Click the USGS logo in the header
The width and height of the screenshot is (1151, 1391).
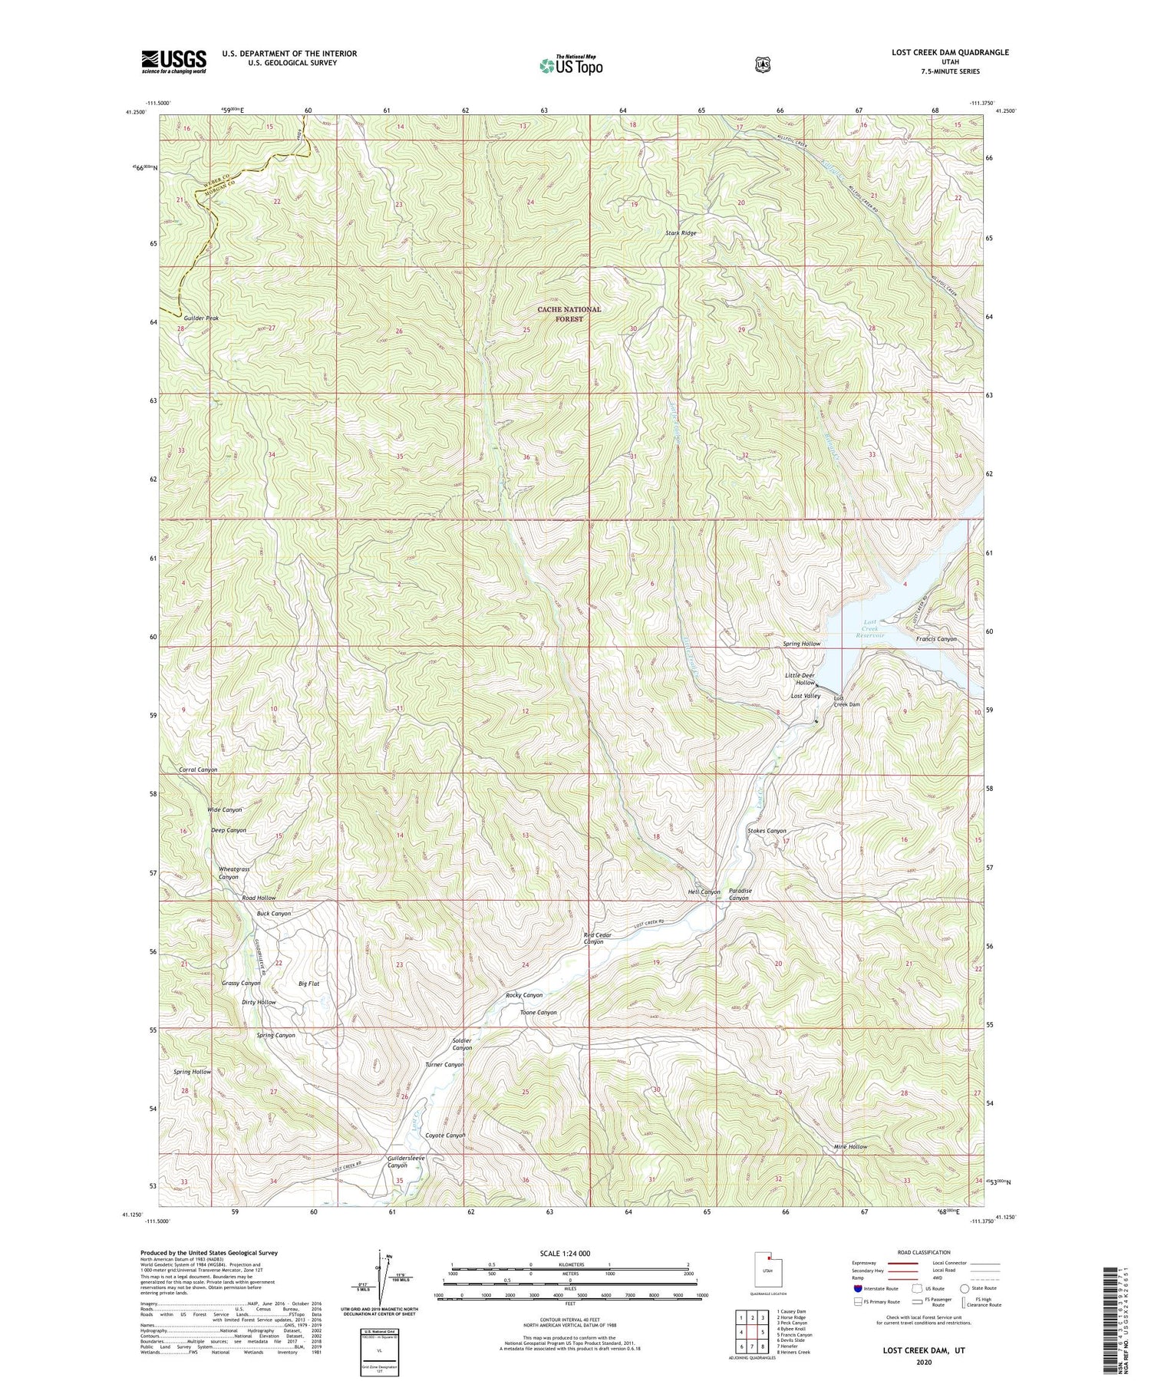[x=173, y=61]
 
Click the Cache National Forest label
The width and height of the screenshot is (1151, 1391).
[x=569, y=314]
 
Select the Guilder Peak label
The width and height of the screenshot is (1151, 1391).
[x=201, y=318]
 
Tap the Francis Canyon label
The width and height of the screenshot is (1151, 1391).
[x=936, y=639]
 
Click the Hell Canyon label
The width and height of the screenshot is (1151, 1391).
[x=704, y=892]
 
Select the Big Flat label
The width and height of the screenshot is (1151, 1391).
[x=308, y=984]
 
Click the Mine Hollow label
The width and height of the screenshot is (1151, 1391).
[x=850, y=1147]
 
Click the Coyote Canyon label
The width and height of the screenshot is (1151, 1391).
[x=446, y=1136]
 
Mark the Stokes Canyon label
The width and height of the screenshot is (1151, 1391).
[x=767, y=831]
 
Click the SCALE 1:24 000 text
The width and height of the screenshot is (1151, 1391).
[x=569, y=1253]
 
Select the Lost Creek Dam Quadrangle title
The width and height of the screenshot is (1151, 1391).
[x=950, y=53]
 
